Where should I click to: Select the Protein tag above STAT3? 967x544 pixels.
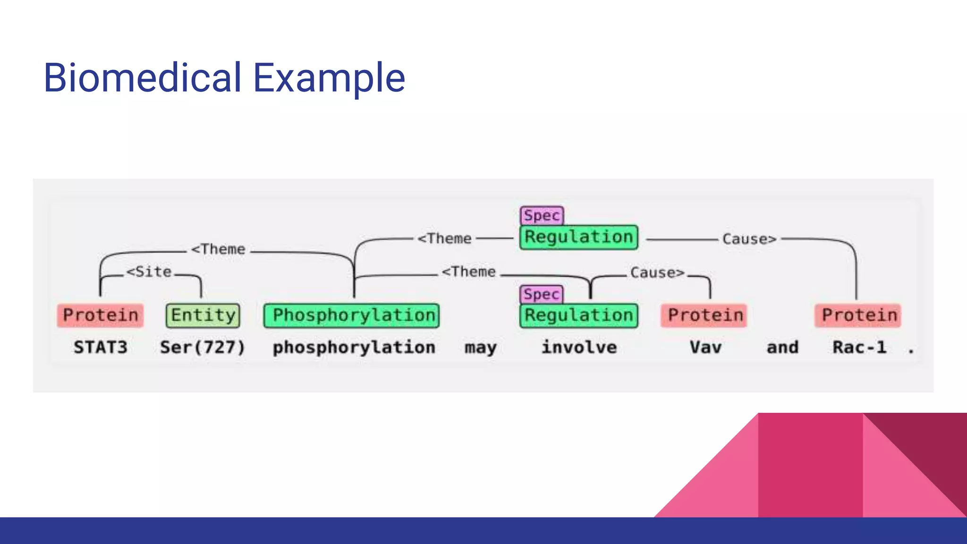click(x=100, y=315)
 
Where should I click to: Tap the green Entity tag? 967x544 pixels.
click(x=203, y=315)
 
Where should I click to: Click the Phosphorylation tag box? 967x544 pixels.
click(x=352, y=315)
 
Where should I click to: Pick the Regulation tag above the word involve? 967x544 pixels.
click(x=579, y=315)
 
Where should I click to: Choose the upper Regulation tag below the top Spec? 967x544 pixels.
click(x=579, y=237)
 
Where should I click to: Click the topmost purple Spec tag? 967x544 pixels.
click(x=542, y=216)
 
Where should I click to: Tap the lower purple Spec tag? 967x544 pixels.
click(x=541, y=294)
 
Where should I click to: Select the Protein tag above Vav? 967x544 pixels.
click(x=705, y=315)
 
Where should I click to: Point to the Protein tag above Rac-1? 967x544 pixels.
click(x=858, y=315)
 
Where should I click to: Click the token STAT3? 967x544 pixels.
click(x=100, y=348)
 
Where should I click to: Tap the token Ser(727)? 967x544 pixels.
click(x=203, y=348)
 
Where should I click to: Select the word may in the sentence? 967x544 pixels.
click(x=480, y=348)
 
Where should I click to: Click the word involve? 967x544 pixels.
click(x=579, y=348)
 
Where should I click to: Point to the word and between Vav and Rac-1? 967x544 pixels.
click(x=782, y=348)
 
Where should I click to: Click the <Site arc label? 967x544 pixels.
click(x=149, y=272)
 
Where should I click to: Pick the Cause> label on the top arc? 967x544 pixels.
click(x=749, y=239)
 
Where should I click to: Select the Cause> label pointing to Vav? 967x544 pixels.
click(x=657, y=273)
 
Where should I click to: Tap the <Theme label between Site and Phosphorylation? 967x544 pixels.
click(x=218, y=249)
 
